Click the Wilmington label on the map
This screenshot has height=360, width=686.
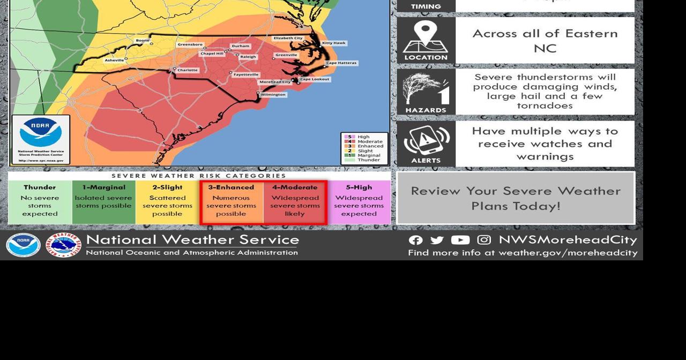tap(273, 95)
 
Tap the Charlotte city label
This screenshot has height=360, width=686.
tap(188, 70)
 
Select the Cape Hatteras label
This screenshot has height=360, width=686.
tap(341, 63)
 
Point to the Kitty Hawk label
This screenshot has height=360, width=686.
tap(334, 43)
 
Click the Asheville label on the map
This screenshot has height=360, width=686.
tap(114, 60)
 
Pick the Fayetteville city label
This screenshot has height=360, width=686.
tap(246, 74)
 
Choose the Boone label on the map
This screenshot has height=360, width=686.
tap(143, 40)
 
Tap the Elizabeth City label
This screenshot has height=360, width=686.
tap(288, 38)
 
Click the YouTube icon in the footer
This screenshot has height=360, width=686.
tap(460, 241)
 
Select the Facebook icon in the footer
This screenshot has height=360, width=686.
tap(415, 241)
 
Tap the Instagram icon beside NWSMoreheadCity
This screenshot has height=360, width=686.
tap(484, 240)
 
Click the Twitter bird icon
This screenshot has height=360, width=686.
tap(437, 241)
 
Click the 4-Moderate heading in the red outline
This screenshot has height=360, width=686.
tap(295, 187)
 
